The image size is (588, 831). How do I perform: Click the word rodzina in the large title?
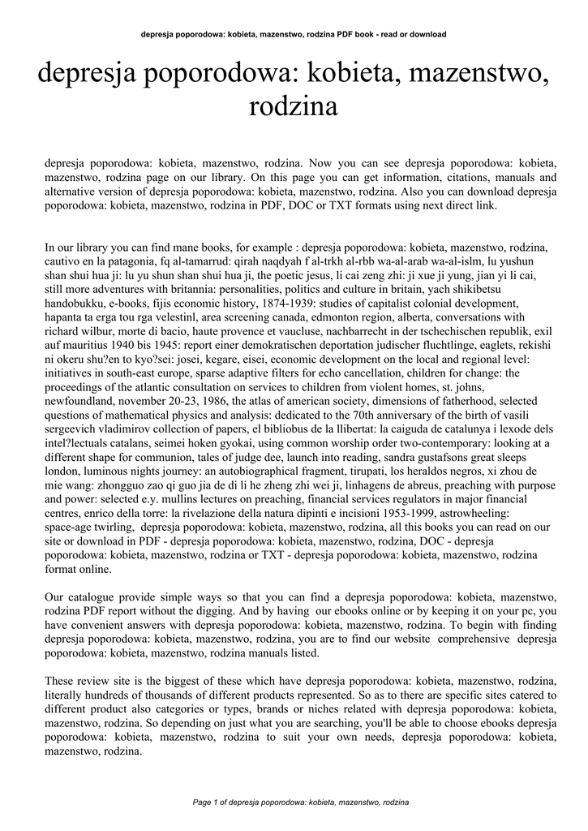(293, 105)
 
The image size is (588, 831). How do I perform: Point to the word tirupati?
(336, 470)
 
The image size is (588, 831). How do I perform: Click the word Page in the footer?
(200, 802)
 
